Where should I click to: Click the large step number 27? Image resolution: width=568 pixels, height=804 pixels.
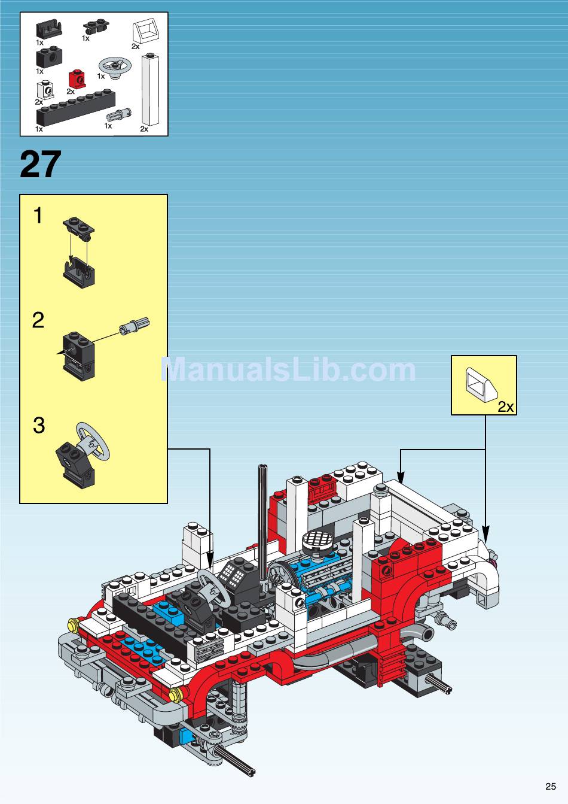(x=41, y=165)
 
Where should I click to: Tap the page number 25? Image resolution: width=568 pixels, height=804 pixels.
(x=551, y=786)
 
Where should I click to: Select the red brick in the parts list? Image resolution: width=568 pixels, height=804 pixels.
(x=77, y=78)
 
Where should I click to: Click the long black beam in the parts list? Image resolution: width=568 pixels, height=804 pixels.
(x=75, y=108)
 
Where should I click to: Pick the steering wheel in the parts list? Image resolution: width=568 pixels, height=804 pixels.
(x=114, y=68)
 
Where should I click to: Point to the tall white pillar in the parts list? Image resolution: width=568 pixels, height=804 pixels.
(x=151, y=89)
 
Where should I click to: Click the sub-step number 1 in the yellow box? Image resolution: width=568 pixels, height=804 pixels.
(x=38, y=216)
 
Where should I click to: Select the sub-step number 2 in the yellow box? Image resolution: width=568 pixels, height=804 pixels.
(x=38, y=320)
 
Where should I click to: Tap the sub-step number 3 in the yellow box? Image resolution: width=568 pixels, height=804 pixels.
(x=39, y=425)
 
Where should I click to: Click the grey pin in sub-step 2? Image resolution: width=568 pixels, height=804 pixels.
(x=135, y=325)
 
